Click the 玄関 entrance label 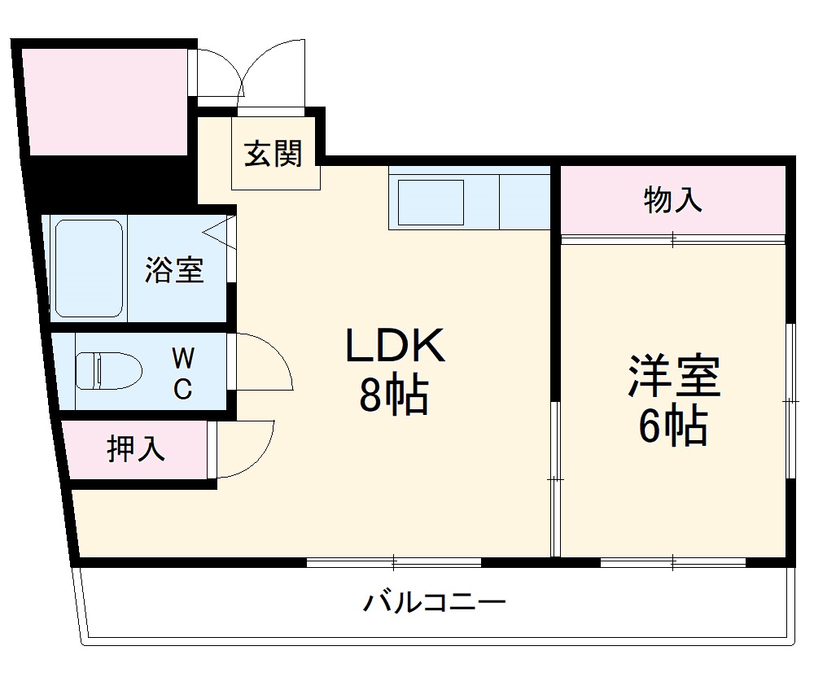click(275, 153)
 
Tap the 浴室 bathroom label click(174, 269)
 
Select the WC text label click(182, 373)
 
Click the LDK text click(396, 346)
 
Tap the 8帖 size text click(395, 396)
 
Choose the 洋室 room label click(673, 377)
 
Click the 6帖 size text click(672, 426)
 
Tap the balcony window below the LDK click(393, 561)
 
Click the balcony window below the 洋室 click(673, 561)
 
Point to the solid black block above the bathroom click(114, 183)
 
